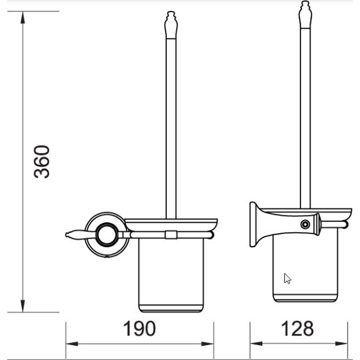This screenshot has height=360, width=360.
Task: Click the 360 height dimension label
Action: (x=41, y=161)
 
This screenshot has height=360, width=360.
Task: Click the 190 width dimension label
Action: (x=139, y=329)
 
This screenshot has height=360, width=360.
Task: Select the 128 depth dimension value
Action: (x=297, y=329)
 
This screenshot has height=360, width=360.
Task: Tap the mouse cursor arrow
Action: (x=287, y=279)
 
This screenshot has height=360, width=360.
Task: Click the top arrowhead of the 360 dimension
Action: (x=22, y=17)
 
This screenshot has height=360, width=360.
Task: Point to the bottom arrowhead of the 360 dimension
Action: (x=22, y=306)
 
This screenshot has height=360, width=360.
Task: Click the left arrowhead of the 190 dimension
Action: (x=72, y=344)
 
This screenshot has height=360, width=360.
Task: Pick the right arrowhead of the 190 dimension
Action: (x=208, y=344)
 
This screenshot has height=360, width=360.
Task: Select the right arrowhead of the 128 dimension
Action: (x=341, y=344)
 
